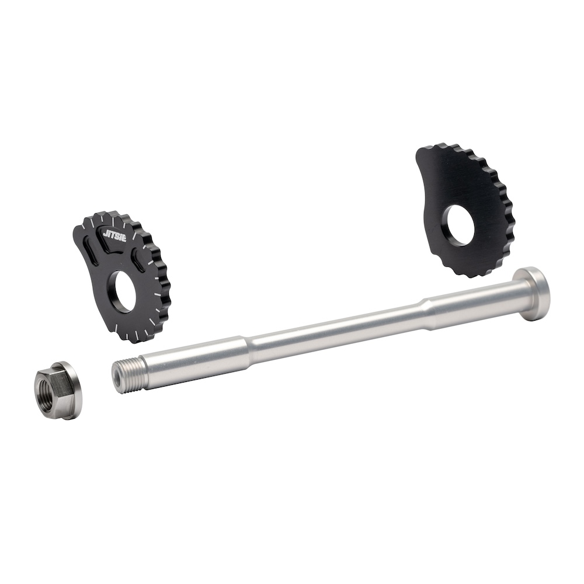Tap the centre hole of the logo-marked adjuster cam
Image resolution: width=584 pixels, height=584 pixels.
[x=122, y=293]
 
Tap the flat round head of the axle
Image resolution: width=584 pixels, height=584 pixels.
[x=531, y=294]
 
